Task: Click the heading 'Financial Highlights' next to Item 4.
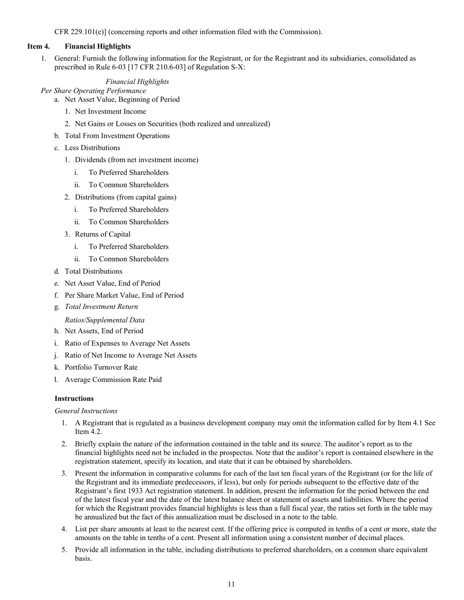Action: coord(98,46)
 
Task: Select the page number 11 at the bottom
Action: coord(232,584)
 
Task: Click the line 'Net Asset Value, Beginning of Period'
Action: coord(122,100)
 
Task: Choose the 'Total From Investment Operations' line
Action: coord(117,136)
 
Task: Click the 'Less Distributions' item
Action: coord(92,148)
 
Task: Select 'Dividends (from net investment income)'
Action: coord(137,160)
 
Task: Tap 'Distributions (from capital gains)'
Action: coord(126,197)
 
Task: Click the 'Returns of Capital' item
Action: coord(103,234)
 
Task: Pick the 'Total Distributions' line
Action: coord(93,271)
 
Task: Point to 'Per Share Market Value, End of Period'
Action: coord(124,295)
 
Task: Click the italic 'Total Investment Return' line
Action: coord(101,307)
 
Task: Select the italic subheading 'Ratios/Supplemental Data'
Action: coord(105,320)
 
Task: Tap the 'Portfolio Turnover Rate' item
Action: coord(101,367)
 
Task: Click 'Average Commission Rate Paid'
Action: coord(113,380)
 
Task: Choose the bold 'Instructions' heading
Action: coord(74,399)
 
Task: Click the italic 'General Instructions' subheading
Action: coord(86,411)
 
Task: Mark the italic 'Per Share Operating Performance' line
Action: coord(93,91)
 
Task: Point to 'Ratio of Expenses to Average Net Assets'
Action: coord(127,343)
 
